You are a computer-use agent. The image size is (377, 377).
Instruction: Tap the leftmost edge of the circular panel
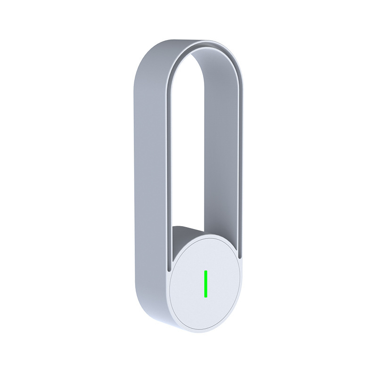coord(168,287)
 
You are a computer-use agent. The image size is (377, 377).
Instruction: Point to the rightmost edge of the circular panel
coord(245,283)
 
